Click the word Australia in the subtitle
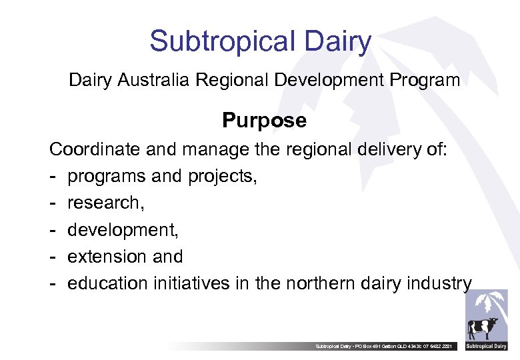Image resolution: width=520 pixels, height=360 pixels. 154,81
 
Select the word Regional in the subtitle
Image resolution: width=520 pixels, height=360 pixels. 233,81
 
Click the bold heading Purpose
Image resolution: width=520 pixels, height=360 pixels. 264,121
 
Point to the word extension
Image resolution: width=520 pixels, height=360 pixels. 107,257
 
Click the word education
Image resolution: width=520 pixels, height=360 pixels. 107,283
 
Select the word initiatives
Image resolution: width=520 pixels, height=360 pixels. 191,283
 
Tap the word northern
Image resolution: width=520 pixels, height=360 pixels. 324,283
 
